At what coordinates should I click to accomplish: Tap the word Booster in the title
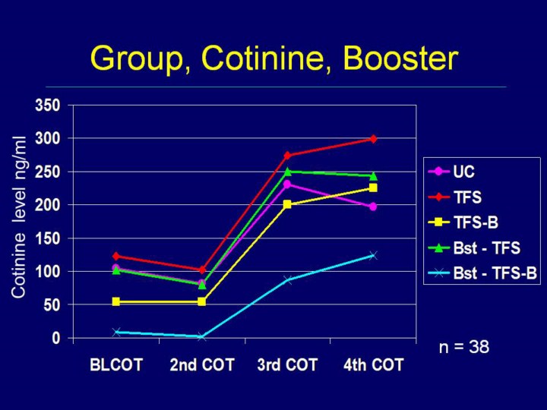tap(400, 58)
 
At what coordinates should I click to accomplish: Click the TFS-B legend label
tap(476, 222)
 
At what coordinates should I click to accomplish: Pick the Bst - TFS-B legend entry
tap(482, 273)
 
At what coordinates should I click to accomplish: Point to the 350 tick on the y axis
tap(48, 106)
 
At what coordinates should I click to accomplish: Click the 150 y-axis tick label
tap(48, 238)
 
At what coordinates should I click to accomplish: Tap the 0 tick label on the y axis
tap(55, 338)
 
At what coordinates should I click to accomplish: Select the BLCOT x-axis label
tap(116, 365)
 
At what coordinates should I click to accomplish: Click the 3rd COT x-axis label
tap(287, 365)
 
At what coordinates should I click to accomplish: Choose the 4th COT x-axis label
tap(373, 365)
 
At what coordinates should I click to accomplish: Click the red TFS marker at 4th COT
tap(373, 139)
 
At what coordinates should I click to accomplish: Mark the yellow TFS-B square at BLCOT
tap(116, 301)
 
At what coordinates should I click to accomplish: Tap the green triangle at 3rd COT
tap(287, 171)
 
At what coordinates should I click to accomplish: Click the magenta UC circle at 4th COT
tap(373, 207)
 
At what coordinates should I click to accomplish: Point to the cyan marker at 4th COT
tap(373, 256)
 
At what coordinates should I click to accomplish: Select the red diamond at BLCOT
tap(116, 257)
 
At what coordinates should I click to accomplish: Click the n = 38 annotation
tap(464, 347)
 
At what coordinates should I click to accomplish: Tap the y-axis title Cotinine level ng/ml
tap(18, 217)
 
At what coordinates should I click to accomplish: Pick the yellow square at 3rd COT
tap(287, 204)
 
